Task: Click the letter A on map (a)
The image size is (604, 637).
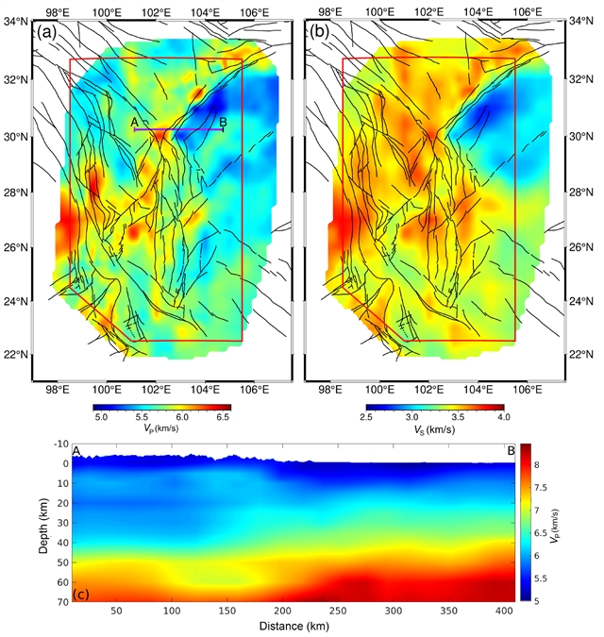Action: click(135, 123)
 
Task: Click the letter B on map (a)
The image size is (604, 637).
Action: click(223, 123)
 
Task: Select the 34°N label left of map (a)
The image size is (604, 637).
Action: click(15, 20)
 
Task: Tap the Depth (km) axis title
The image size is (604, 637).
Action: click(45, 523)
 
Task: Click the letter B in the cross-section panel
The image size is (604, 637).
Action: click(511, 451)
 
